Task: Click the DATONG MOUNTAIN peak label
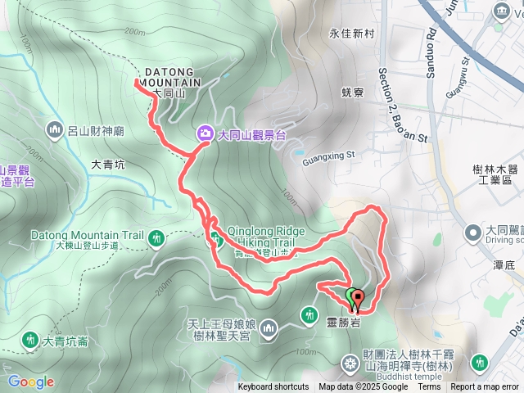coord(170,77)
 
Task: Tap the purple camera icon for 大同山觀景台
coord(203,133)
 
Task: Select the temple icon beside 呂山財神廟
coord(56,129)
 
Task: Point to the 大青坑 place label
coord(108,165)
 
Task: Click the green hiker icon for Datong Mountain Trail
coord(156,239)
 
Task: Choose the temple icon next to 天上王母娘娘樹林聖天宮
coord(270,329)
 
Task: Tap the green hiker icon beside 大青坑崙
coord(30,339)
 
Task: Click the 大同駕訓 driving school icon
coord(473,233)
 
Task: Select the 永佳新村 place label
coord(351,34)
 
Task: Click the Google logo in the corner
coord(30,382)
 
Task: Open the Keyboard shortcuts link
coord(273,387)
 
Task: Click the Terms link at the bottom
coord(429,387)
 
